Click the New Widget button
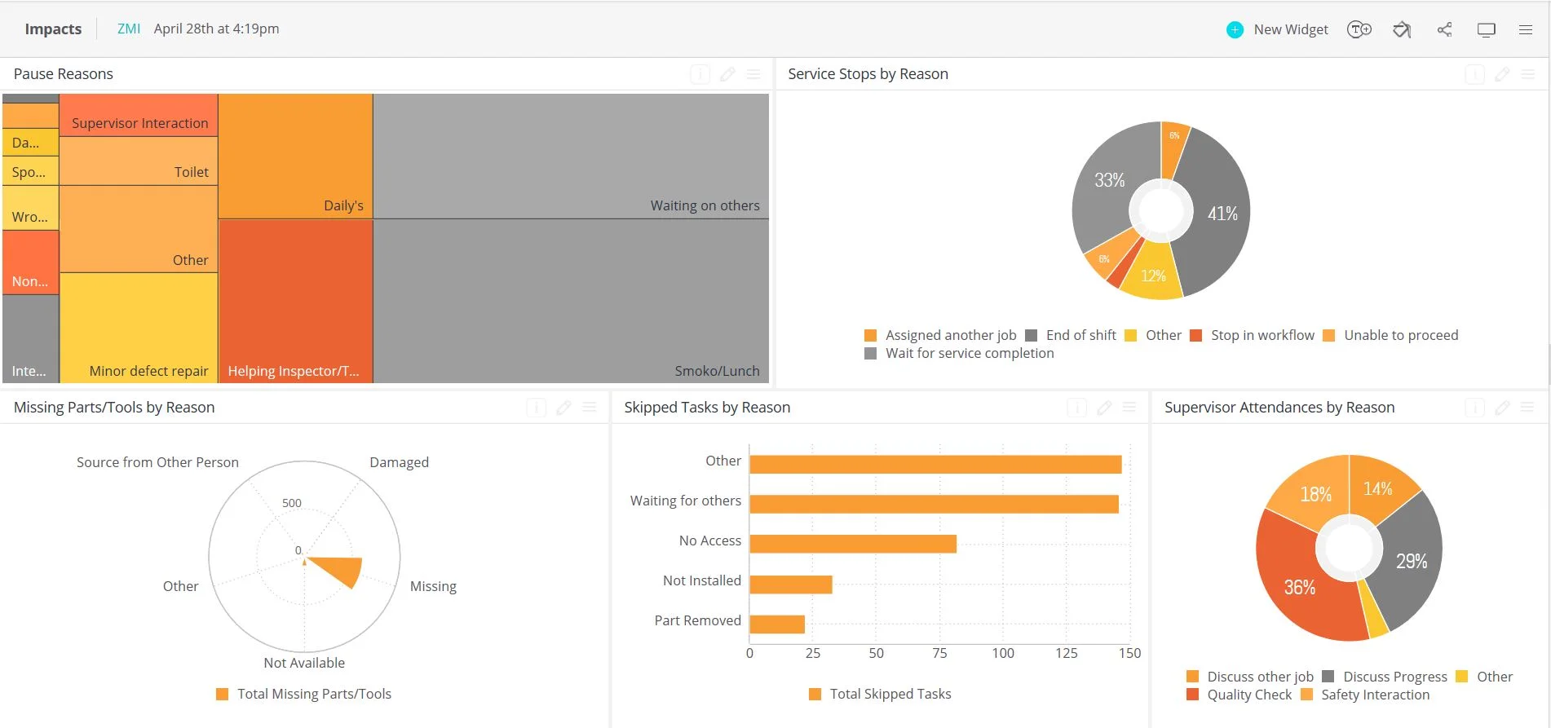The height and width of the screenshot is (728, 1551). coord(1278,29)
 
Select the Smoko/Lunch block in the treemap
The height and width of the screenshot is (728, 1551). coord(571,302)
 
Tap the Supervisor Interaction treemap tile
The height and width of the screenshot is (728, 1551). coord(139,116)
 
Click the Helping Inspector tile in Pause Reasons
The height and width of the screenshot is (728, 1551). coord(295,302)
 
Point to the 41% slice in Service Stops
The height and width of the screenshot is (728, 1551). coord(1215,214)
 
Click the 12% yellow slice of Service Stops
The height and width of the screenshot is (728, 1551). coord(1152,274)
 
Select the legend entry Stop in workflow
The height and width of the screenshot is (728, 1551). coord(1253,335)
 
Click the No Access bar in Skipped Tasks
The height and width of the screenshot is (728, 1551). coord(852,543)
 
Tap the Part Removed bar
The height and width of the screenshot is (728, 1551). coord(776,624)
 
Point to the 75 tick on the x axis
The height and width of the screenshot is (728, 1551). coord(939,653)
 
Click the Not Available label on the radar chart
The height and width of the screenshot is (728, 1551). coord(304,663)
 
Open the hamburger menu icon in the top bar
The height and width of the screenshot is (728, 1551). coord(1526,29)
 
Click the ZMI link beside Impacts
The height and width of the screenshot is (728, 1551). coord(128,29)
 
